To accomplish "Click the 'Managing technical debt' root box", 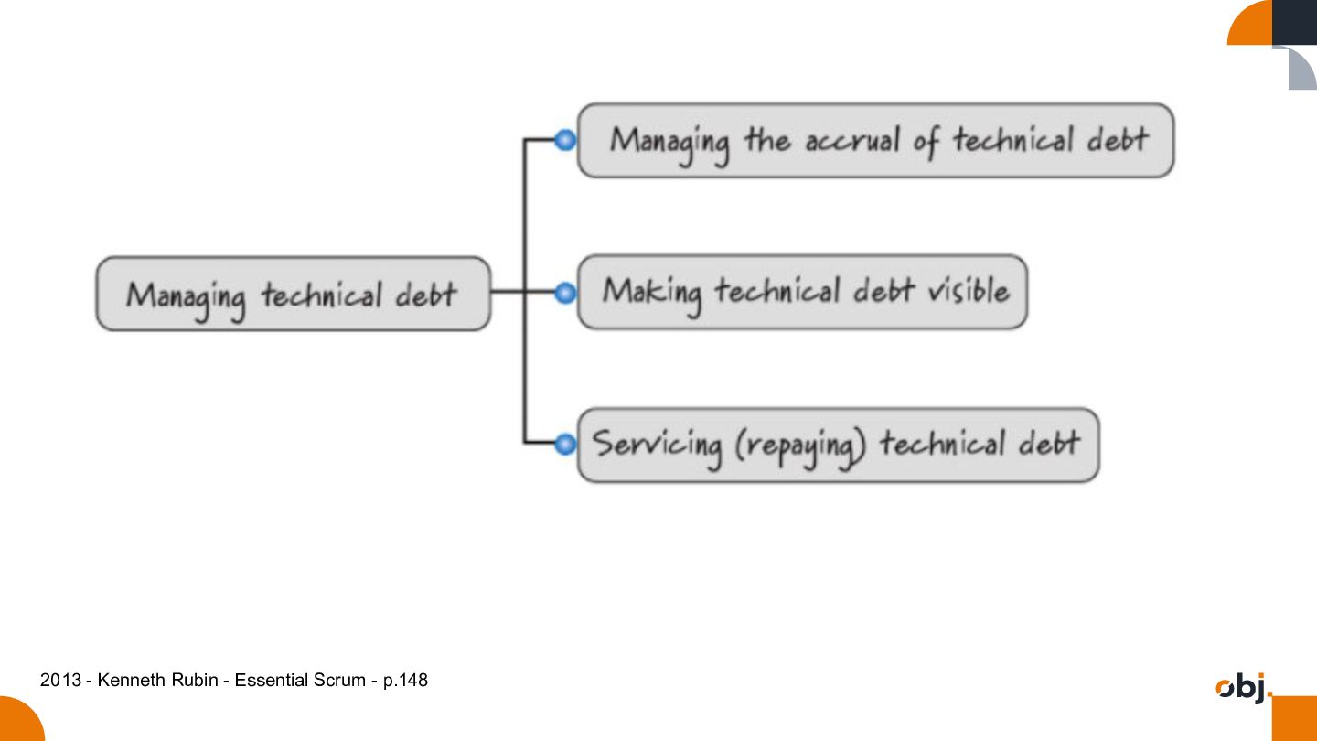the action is point(294,294).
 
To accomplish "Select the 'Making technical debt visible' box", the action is point(803,292).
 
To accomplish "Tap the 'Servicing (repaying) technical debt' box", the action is point(839,446).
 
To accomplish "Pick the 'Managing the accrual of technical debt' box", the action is point(875,141).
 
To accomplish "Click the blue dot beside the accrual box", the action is point(565,140).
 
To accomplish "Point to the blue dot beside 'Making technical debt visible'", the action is point(565,293).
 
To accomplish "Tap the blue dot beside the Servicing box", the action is point(565,444).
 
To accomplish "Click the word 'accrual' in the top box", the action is point(852,141).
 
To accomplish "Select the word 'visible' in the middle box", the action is point(969,291).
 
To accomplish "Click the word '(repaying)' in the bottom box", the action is point(800,447).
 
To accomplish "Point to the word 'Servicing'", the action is point(657,447).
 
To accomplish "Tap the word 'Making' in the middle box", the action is point(652,294).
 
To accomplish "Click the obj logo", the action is point(1242,688).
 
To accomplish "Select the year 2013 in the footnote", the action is point(60,680).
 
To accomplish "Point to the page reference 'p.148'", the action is point(405,681).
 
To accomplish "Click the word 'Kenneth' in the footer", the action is point(132,680).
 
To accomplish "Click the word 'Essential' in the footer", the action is point(271,680).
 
